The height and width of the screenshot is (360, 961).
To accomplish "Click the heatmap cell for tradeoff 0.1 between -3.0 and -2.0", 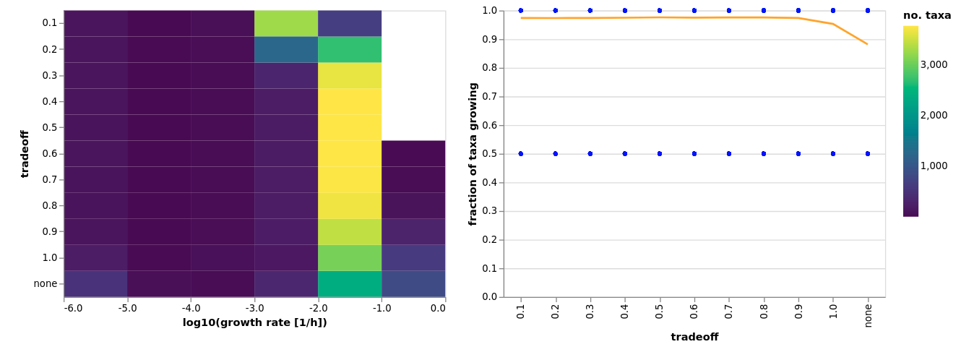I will [286, 23].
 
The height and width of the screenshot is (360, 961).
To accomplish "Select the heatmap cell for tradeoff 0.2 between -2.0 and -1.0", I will [350, 49].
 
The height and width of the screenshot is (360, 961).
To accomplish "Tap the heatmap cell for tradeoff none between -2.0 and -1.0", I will [350, 283].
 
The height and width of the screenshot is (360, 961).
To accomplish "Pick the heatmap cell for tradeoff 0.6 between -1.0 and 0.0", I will [413, 153].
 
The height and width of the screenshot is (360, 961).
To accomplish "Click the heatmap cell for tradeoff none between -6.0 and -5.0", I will [95, 283].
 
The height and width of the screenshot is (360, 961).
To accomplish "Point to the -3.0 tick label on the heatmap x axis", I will [254, 308].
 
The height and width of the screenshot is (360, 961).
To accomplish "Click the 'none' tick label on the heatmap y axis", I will [45, 283].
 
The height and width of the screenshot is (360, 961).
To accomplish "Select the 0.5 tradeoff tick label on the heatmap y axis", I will [49, 127].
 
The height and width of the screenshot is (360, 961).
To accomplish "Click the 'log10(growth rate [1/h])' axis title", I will [254, 322].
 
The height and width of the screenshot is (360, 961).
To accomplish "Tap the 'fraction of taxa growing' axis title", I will [473, 153].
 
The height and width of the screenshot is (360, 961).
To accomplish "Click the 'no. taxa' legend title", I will [927, 15].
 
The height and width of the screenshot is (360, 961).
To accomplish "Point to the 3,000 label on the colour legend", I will [934, 64].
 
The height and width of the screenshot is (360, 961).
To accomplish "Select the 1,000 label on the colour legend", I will [934, 166].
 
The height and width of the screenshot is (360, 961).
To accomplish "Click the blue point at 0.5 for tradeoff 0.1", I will [521, 153].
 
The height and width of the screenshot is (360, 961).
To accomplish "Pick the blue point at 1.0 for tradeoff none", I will [868, 10].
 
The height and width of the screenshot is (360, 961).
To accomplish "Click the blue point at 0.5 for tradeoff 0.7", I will [729, 153].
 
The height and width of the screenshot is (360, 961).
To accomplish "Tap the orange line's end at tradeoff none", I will [868, 44].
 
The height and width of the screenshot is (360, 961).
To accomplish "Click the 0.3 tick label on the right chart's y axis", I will [490, 211].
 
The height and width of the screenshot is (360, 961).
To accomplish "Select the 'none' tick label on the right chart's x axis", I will [868, 315].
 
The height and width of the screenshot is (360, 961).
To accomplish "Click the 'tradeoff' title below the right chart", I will [694, 337].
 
